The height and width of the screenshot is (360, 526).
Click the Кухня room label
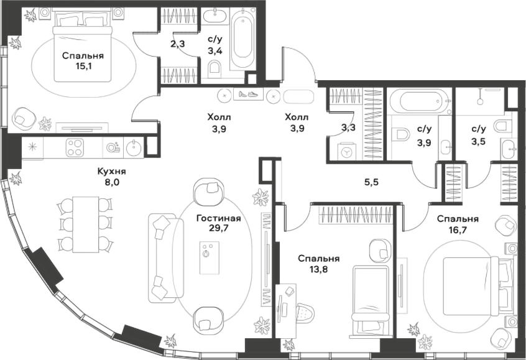point(111,172)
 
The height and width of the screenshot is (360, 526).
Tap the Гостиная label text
point(219,218)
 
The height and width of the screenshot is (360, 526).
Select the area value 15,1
point(83,66)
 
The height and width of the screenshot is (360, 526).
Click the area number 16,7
point(458,230)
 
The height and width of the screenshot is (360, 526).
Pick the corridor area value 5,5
point(372,182)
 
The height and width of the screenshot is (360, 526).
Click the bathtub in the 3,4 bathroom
point(242,39)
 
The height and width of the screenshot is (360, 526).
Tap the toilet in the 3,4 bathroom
point(215,67)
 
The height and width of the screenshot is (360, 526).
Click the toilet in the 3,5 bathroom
point(504,126)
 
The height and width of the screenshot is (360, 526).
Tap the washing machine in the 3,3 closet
point(346,153)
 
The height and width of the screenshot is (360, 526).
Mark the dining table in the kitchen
point(86,224)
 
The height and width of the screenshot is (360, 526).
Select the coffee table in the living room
point(210,257)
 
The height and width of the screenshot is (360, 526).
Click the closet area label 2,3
point(177,44)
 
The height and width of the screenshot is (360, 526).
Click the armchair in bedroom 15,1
point(23,118)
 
